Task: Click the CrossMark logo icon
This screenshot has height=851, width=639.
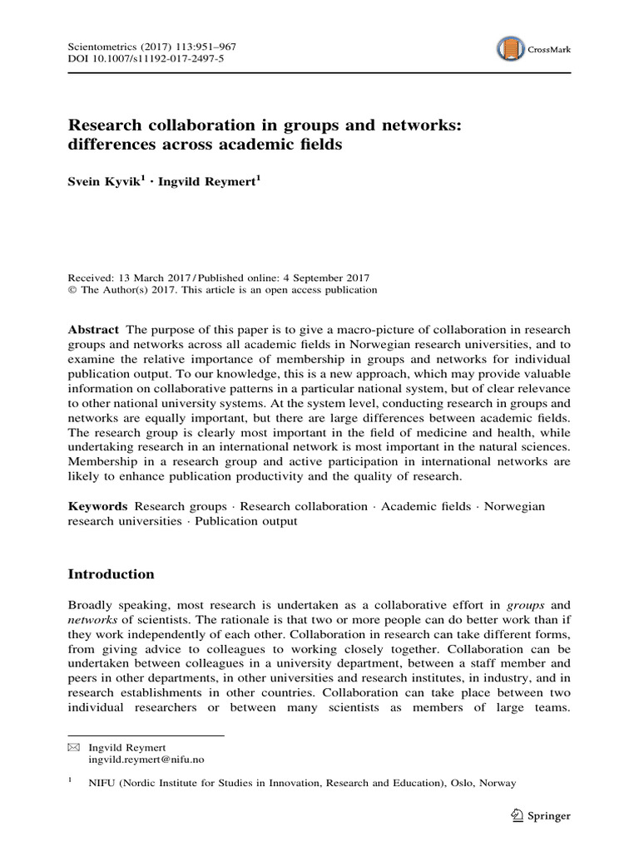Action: click(x=511, y=50)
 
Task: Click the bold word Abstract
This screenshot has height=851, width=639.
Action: click(x=92, y=330)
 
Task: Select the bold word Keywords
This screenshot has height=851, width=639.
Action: click(x=97, y=506)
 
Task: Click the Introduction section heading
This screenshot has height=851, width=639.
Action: click(x=111, y=574)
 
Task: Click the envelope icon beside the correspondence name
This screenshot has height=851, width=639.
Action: click(x=72, y=747)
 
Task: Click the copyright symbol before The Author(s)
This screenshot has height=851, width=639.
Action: click(x=71, y=290)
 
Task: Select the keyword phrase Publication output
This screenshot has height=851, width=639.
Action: click(x=245, y=521)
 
